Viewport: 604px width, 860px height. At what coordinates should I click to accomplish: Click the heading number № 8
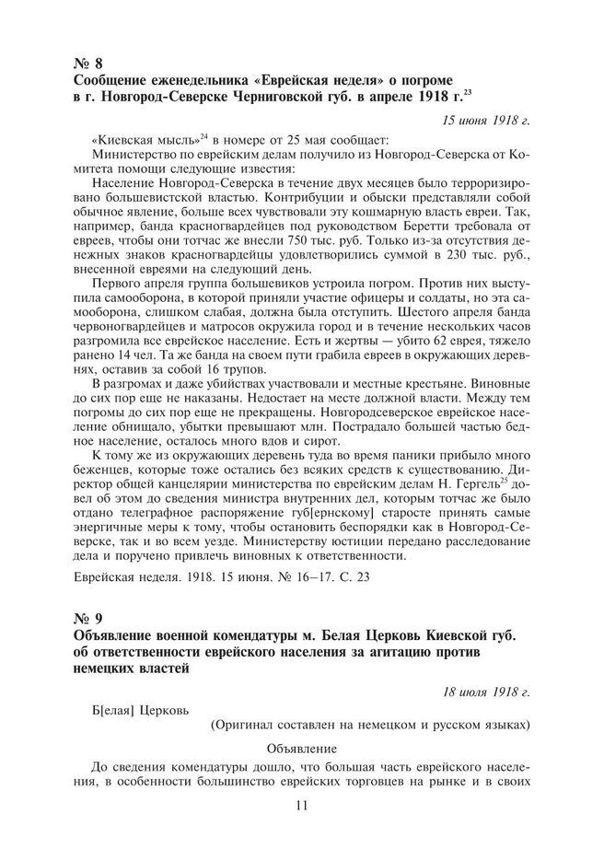pyautogui.click(x=87, y=63)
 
